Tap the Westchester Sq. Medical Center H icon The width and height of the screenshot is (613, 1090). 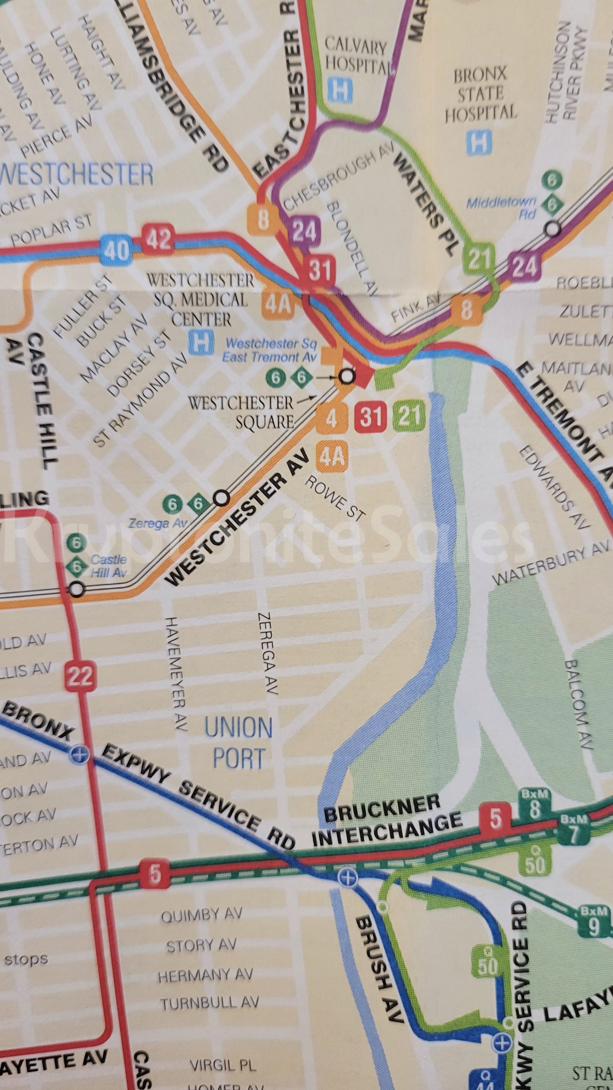(201, 343)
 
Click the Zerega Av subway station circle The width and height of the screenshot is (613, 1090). (222, 498)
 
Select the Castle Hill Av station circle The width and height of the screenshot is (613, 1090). (77, 589)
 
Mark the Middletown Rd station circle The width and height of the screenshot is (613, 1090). (552, 229)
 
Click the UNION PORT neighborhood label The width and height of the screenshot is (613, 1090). (239, 743)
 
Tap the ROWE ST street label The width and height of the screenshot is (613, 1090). (334, 498)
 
